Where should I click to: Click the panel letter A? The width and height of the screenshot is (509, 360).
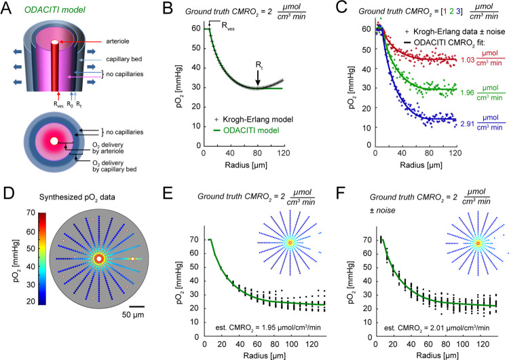(x=6, y=8)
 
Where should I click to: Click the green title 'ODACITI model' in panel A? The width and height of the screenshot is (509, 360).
(x=55, y=10)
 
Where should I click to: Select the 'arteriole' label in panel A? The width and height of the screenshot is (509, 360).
(x=117, y=41)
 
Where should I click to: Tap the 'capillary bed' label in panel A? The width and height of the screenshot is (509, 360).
(x=124, y=59)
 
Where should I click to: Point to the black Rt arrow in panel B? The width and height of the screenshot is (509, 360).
(x=258, y=78)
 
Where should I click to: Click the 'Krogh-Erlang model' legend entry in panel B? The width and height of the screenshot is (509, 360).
(x=258, y=120)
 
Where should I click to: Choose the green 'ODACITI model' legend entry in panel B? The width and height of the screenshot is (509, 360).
(x=251, y=130)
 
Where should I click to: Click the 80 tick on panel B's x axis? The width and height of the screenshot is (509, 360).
(x=257, y=153)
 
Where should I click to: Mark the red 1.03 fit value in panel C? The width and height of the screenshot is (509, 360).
(x=468, y=60)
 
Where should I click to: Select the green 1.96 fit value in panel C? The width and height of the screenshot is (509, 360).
(x=467, y=93)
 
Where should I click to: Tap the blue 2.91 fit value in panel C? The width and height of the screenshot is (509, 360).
(x=468, y=124)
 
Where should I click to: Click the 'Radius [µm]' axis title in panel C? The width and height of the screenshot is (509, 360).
(x=421, y=165)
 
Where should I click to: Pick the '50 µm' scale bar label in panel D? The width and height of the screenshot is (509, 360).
(x=133, y=314)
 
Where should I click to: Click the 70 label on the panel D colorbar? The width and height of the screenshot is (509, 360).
(x=31, y=213)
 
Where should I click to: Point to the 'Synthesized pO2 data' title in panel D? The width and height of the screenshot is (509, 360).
(x=77, y=198)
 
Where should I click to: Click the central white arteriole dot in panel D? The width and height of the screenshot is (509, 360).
(x=99, y=259)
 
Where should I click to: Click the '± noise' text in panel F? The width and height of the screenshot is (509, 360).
(x=382, y=211)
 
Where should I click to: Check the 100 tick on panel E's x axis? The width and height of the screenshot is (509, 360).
(x=292, y=344)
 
